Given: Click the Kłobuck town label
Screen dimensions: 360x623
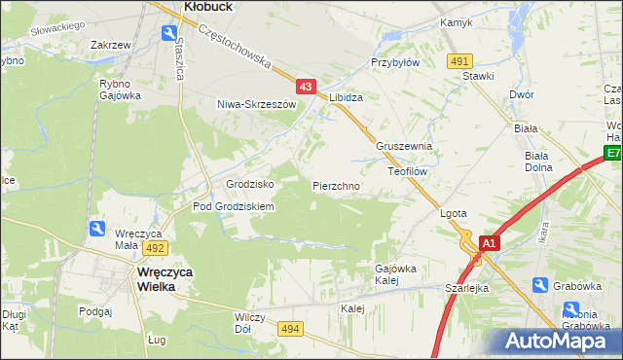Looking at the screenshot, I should pyautogui.click(x=206, y=6).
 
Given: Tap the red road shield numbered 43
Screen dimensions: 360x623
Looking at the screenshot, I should pyautogui.click(x=306, y=88).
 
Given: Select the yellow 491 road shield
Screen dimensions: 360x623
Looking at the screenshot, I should pyautogui.click(x=460, y=61).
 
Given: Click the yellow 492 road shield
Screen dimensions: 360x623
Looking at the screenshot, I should pyautogui.click(x=157, y=248).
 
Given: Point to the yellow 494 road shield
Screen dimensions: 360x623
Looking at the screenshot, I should pyautogui.click(x=290, y=331).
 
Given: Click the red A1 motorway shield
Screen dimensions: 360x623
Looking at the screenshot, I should pyautogui.click(x=490, y=243).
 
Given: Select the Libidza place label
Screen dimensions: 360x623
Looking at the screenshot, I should pyautogui.click(x=347, y=98).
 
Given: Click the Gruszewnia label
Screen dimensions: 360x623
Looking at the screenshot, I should pyautogui.click(x=405, y=147).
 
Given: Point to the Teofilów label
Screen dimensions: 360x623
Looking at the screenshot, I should pyautogui.click(x=409, y=170).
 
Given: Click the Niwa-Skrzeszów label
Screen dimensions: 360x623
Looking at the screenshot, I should pyautogui.click(x=256, y=104).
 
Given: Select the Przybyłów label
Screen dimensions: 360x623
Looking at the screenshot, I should pyautogui.click(x=394, y=61).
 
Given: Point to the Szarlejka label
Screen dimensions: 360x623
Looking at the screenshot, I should pyautogui.click(x=466, y=288).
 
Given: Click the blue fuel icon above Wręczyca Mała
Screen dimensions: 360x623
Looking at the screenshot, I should pyautogui.click(x=97, y=228).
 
